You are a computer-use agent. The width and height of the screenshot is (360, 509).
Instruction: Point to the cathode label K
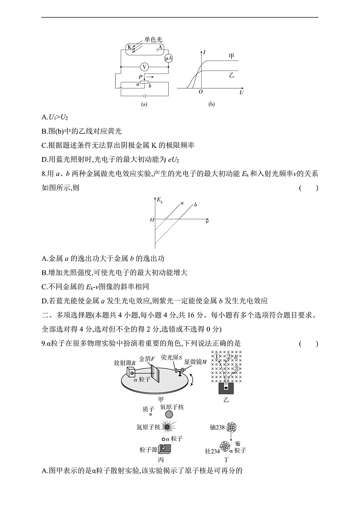coord(129,47)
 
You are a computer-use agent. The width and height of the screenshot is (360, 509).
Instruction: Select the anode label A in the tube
coord(160,47)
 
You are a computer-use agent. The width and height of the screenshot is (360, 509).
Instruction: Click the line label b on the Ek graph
coord(195,205)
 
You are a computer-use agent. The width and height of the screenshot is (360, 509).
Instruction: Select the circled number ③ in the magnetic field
coord(236,368)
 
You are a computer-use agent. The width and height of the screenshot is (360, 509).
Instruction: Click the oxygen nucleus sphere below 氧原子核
coord(169,414)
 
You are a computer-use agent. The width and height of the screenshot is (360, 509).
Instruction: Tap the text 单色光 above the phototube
coord(153,39)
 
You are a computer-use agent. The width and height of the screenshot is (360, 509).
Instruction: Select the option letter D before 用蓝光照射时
coord(44,159)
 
